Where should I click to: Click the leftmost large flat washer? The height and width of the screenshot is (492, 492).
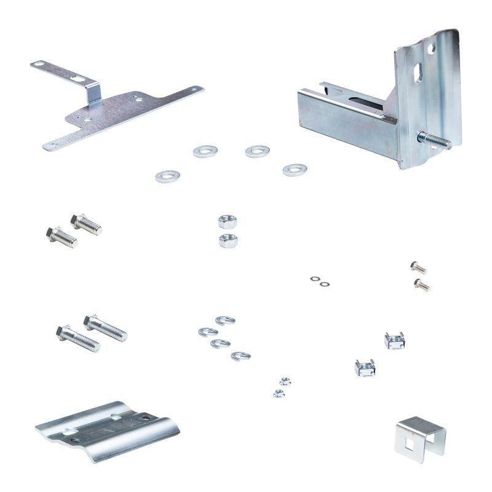click(x=167, y=177)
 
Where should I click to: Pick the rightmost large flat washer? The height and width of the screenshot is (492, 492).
click(x=295, y=170)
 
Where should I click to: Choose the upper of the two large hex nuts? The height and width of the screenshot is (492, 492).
click(x=228, y=221)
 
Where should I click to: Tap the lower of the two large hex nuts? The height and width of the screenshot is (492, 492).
click(x=228, y=240)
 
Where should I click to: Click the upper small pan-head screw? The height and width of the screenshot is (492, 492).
click(x=418, y=267)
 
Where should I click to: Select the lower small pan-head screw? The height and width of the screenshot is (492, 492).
click(x=421, y=284)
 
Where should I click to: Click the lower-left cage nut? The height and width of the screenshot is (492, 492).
click(x=365, y=367)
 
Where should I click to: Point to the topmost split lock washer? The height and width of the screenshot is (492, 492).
click(x=225, y=320)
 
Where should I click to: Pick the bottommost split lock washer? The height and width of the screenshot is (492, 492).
click(x=240, y=355)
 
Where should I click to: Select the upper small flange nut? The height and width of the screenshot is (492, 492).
click(x=284, y=381)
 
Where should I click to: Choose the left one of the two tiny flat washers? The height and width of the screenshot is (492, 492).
click(x=315, y=279)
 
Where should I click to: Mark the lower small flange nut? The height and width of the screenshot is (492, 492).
click(x=278, y=392)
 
